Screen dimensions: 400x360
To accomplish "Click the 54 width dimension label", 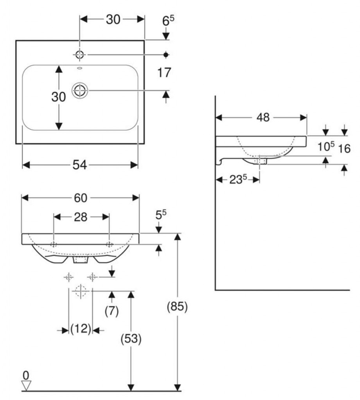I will click(x=80, y=165).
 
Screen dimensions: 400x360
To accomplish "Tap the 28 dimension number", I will click(x=81, y=217).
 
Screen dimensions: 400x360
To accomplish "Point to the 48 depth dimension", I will click(x=263, y=117).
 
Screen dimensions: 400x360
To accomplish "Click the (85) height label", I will click(x=177, y=307).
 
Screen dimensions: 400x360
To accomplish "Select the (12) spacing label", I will click(x=81, y=329).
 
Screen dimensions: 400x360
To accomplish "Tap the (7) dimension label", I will click(x=112, y=311).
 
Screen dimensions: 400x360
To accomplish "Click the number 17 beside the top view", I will click(x=165, y=72).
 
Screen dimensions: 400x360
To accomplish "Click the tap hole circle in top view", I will click(x=80, y=55).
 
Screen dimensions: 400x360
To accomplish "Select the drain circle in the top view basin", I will click(x=80, y=91).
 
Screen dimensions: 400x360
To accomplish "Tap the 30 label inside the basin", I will click(x=59, y=97).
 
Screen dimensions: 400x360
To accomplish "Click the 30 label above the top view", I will click(x=113, y=20).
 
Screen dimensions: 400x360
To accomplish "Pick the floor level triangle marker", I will click(x=26, y=386).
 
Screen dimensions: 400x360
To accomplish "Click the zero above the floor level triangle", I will click(x=26, y=375).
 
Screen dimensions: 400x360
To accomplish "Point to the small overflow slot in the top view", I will click(x=80, y=68).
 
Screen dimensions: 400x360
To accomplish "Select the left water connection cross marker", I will click(x=69, y=277).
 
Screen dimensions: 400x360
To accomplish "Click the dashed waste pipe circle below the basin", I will click(x=81, y=291).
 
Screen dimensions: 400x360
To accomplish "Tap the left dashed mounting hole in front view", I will click(x=54, y=245).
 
